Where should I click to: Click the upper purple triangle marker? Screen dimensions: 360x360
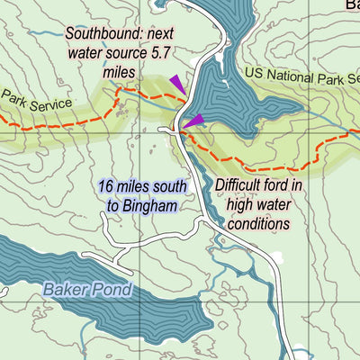177,84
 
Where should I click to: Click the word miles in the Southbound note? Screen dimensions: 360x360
119,70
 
